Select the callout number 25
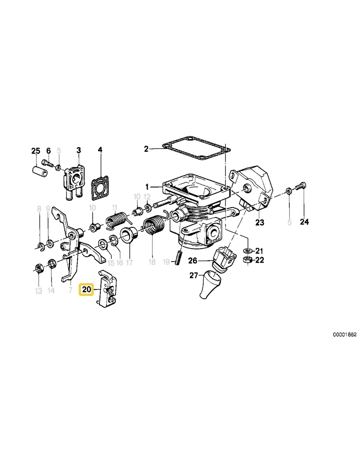coord(36,150)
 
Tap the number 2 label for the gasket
coord(146,149)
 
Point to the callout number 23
coord(260,222)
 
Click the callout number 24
coord(305,221)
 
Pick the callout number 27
coord(193,276)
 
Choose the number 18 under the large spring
coord(152,262)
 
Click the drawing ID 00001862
coord(345,335)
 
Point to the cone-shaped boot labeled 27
coord(208,285)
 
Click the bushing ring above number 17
coord(129,235)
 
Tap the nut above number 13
coord(39,269)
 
